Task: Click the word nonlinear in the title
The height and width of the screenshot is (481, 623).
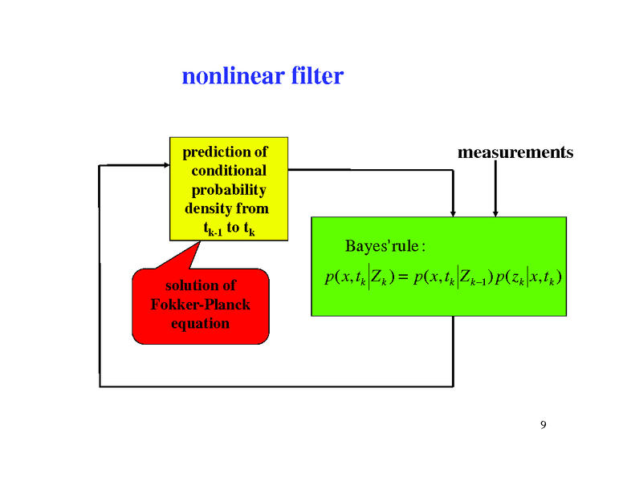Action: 227,76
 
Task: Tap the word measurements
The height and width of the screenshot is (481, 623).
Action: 515,152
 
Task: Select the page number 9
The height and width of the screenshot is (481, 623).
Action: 544,424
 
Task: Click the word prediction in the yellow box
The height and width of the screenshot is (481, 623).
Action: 216,152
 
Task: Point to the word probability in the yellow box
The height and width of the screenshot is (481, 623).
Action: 228,190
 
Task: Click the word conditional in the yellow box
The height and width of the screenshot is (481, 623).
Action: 229,171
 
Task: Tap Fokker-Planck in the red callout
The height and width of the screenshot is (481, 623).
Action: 201,305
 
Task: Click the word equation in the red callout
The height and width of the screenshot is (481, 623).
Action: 201,324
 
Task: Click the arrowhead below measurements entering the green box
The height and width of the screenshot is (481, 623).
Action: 495,212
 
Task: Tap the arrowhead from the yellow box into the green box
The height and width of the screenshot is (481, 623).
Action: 453,212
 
